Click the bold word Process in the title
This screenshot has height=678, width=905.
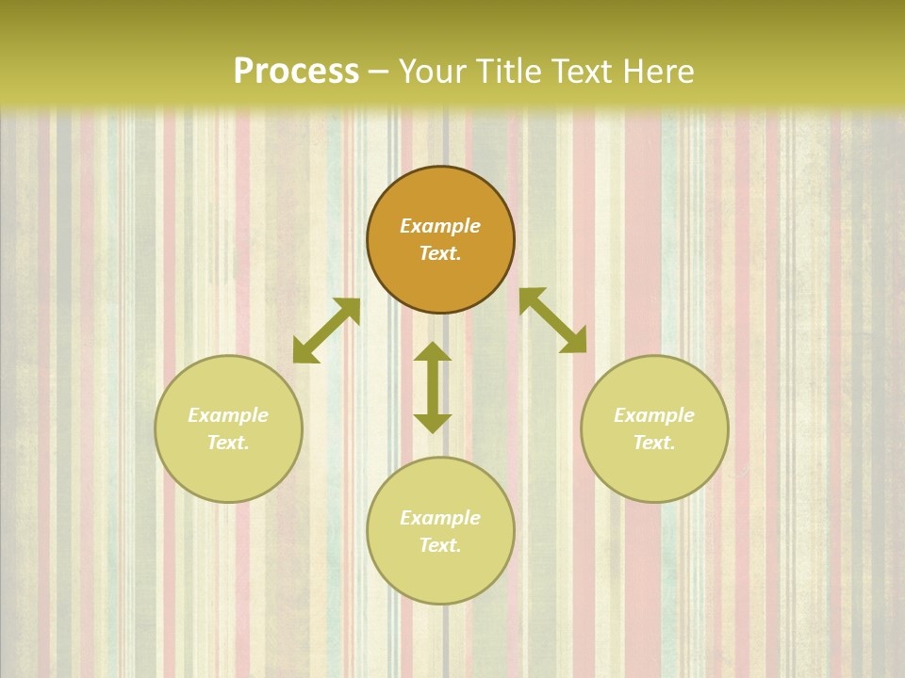(x=296, y=72)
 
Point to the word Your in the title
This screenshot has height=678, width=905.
(x=435, y=72)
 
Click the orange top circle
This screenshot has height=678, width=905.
(x=440, y=240)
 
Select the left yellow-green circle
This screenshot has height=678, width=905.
(x=228, y=428)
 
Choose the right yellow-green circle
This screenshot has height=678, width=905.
(x=654, y=428)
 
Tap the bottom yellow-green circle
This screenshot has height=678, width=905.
(x=440, y=531)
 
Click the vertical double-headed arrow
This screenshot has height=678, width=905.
(x=433, y=387)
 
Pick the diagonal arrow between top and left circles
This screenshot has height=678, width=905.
(x=326, y=331)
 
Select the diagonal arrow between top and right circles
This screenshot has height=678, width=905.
(x=552, y=320)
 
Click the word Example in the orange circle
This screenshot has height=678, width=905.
(x=440, y=226)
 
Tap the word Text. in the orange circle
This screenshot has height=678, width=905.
(x=440, y=253)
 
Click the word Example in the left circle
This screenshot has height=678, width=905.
(x=228, y=415)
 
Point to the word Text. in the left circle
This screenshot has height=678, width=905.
(x=228, y=443)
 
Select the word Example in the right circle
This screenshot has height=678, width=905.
(x=654, y=415)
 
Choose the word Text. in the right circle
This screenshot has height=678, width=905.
(x=654, y=443)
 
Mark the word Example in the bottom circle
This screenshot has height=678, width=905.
(x=440, y=518)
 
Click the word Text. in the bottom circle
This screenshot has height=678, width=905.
(x=440, y=545)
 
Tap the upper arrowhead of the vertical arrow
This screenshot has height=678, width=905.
(x=433, y=353)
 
